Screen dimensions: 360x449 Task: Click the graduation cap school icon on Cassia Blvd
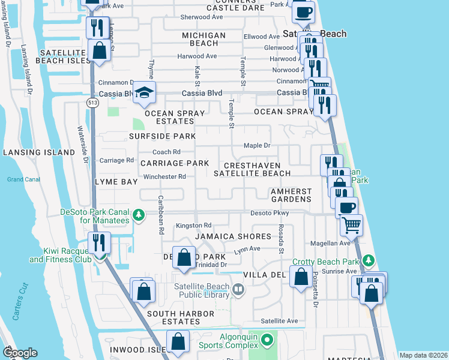pos(144,92)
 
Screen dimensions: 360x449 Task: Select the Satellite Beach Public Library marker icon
pos(238,290)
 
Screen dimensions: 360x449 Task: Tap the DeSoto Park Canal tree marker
pos(139,215)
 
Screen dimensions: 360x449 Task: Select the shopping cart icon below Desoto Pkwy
pos(351,225)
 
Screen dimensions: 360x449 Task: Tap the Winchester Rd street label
pos(164,176)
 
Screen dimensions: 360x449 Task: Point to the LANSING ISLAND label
pos(38,152)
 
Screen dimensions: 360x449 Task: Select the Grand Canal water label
pos(23,179)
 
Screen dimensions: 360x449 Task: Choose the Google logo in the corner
pos(20,352)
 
